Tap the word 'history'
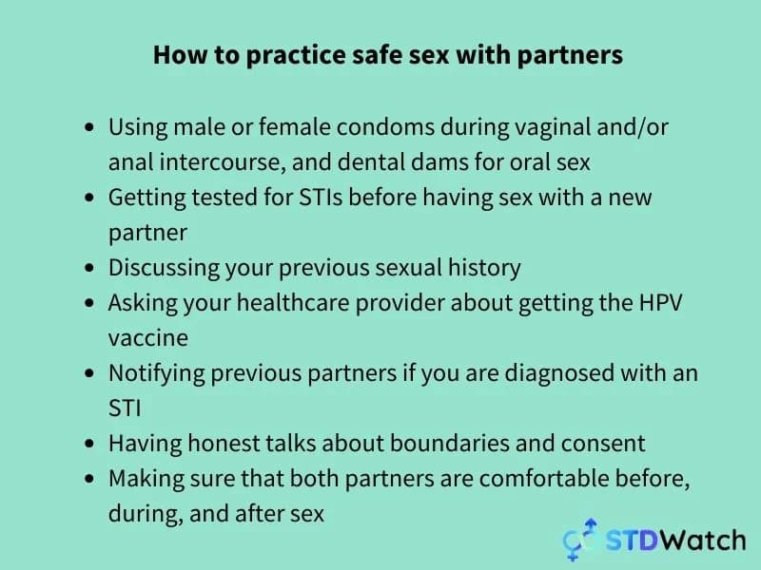coord(484,269)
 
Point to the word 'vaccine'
coord(148,339)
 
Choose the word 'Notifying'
coord(157,374)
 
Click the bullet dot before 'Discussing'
coord(88,268)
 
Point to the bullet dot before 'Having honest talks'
coord(88,444)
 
